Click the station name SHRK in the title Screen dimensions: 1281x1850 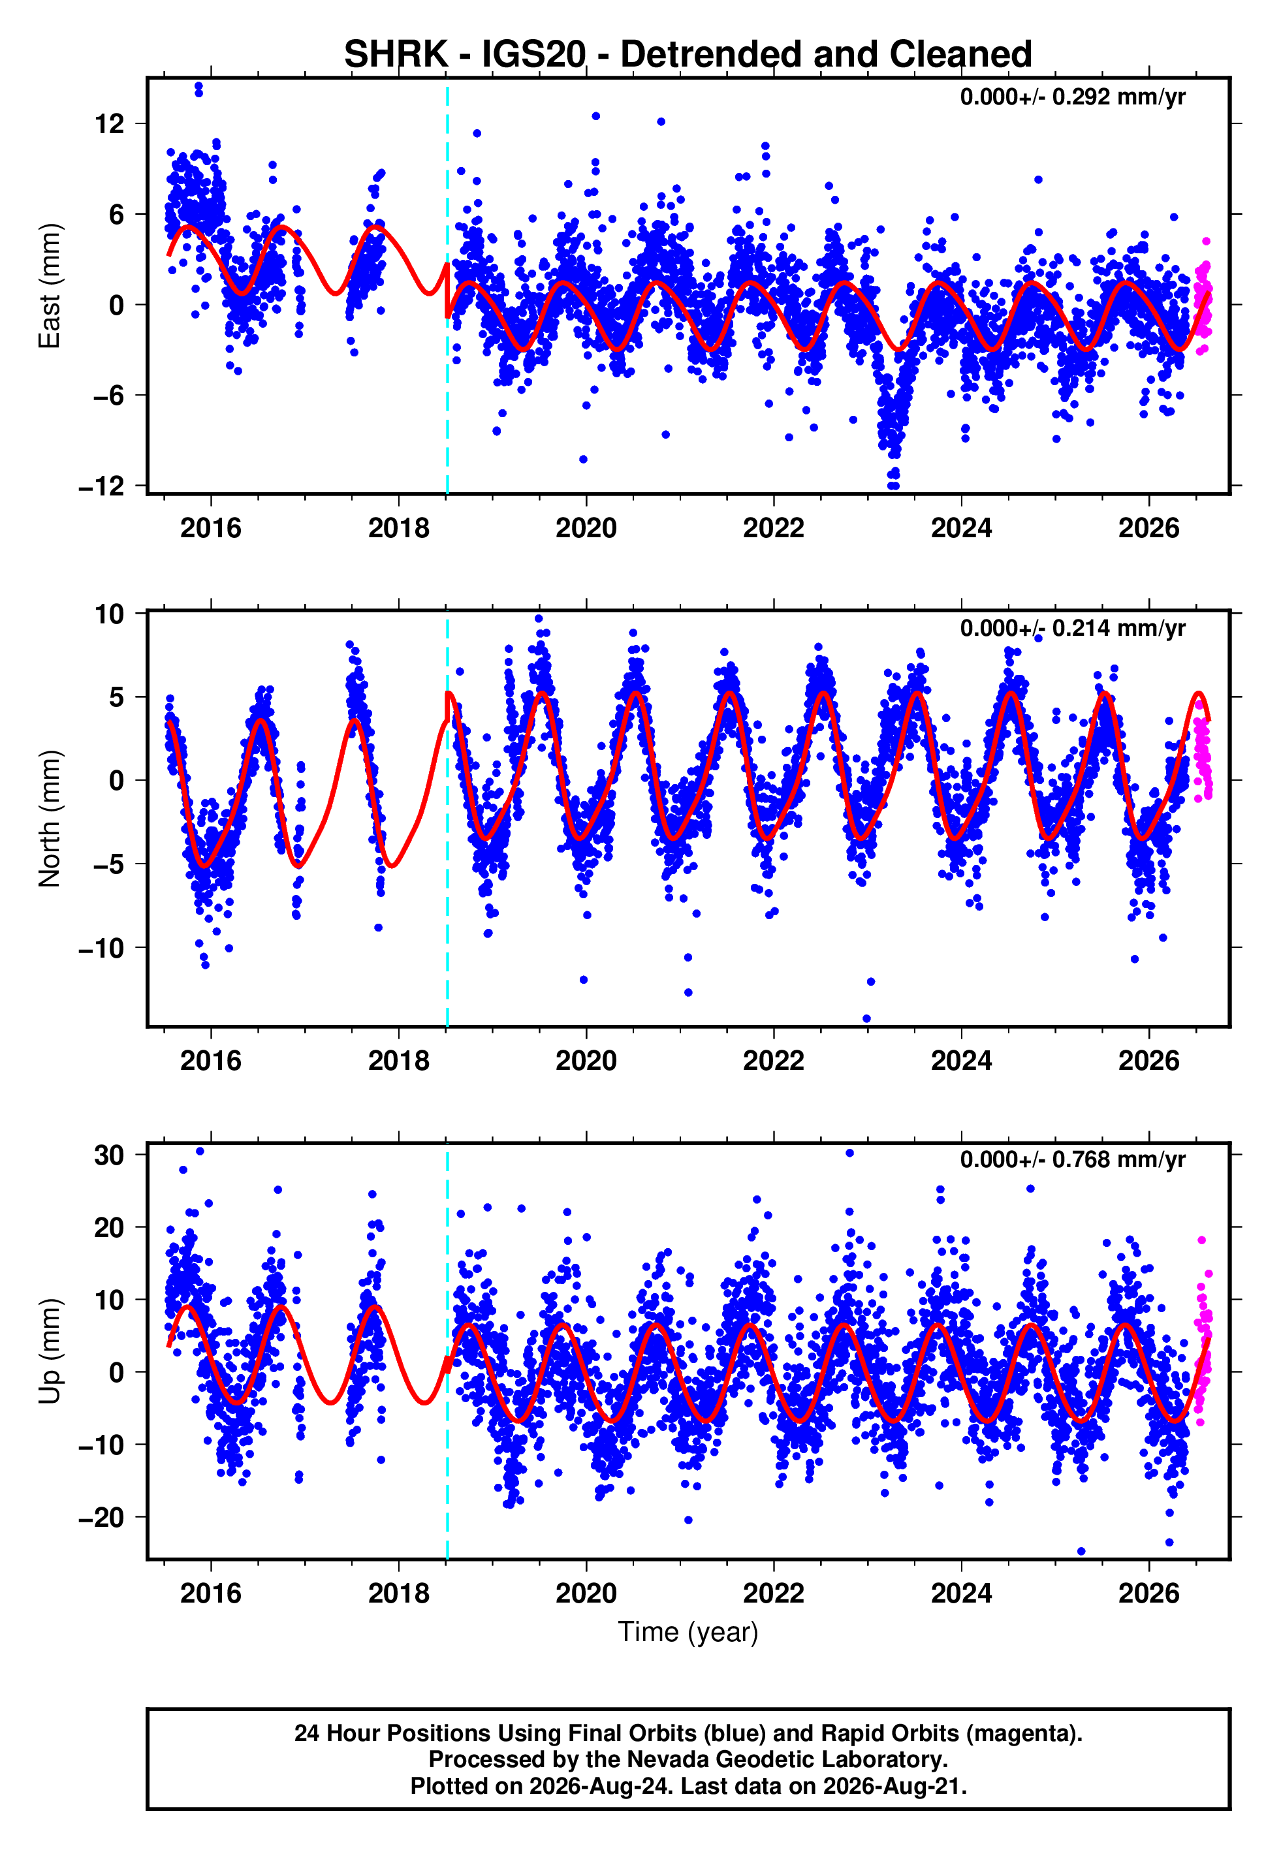click(396, 55)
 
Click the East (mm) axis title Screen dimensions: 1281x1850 click(50, 287)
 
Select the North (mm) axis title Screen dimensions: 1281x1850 click(50, 819)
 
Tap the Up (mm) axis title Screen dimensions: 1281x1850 click(50, 1351)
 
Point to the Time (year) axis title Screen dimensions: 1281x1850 click(688, 1633)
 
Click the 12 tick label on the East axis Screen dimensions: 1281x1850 click(109, 123)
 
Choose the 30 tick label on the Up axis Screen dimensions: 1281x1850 click(109, 1155)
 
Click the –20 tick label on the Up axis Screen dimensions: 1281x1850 click(101, 1517)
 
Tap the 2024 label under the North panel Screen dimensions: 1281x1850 click(961, 1061)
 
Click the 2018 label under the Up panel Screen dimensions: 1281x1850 click(398, 1593)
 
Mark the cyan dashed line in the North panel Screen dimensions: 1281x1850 click(447, 819)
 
